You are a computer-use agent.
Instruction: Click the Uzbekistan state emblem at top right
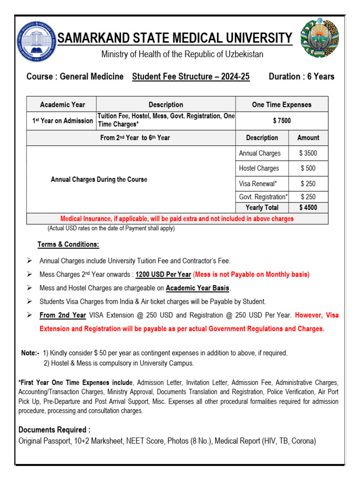319,39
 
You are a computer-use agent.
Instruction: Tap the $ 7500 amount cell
282,120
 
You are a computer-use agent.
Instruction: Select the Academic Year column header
61,105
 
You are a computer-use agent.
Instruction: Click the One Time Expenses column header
282,105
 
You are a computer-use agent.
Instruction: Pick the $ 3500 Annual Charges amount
308,153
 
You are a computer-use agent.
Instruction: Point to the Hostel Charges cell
259,168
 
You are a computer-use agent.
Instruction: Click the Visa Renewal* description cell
258,184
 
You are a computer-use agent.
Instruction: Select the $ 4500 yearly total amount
308,208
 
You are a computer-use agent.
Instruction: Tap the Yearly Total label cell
262,208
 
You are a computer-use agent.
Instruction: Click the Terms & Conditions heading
68,245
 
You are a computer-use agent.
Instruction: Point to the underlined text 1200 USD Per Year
163,275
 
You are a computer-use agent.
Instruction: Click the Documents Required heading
54,430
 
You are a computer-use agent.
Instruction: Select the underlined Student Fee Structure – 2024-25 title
191,77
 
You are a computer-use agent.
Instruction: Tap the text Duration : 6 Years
301,77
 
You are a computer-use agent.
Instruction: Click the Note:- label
30,353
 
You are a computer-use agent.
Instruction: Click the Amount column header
308,138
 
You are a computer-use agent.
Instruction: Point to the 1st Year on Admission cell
62,120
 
